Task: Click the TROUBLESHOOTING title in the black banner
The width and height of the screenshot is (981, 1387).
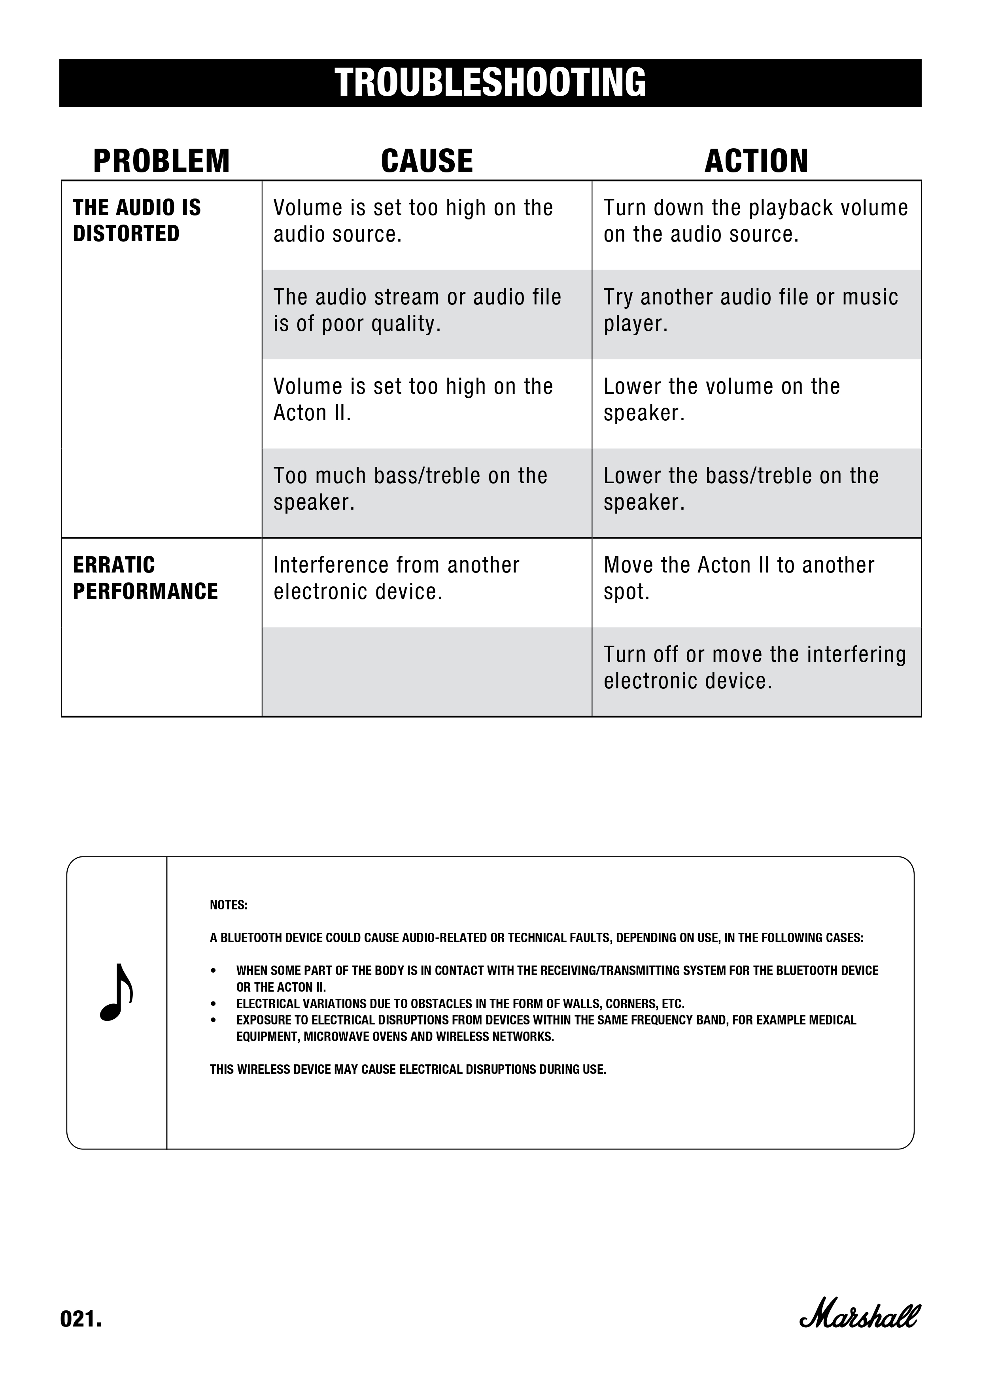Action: pos(490,83)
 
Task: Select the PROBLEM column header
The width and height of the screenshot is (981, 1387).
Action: pos(161,161)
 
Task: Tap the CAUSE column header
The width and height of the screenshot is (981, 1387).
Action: pos(427,161)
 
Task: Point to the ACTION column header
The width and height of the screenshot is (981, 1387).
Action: pos(756,161)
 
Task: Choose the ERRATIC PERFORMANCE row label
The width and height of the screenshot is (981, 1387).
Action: pos(145,578)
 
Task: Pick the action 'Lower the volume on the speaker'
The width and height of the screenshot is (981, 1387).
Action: pos(722,400)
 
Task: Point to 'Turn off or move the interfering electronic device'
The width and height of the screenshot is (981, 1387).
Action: pos(754,667)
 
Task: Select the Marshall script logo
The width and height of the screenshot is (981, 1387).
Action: pos(859,1316)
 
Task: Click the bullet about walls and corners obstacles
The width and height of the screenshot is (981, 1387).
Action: pos(460,1004)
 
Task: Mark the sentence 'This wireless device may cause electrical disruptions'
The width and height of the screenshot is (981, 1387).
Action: pos(408,1069)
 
